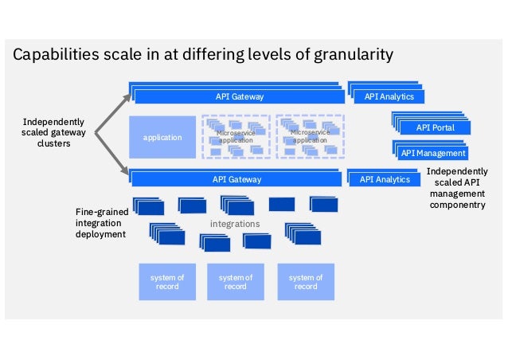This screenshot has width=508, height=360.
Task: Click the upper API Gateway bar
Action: [239, 96]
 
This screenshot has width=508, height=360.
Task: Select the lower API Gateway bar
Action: [236, 179]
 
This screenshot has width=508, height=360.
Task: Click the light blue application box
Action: [162, 137]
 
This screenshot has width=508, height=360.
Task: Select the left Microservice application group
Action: [235, 137]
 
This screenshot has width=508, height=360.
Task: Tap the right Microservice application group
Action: [310, 137]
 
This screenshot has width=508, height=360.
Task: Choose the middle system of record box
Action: [235, 281]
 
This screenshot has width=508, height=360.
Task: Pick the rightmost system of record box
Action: [306, 281]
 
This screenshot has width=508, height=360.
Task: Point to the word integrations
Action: [235, 224]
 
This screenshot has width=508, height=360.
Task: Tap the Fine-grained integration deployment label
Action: [101, 223]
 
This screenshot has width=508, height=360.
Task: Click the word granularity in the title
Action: [353, 55]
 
